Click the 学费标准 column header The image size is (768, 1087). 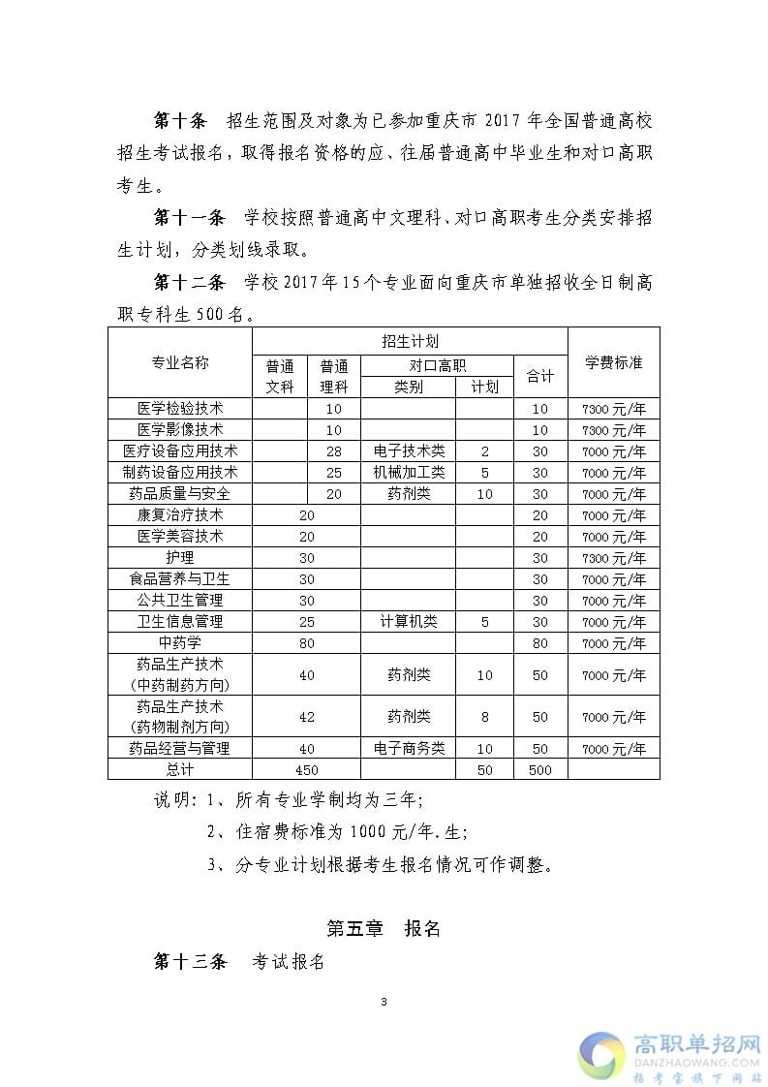613,362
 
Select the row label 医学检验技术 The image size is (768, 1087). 180,409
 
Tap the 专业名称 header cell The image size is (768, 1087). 180,362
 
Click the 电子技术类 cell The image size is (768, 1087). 408,451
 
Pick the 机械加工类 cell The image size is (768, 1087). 408,473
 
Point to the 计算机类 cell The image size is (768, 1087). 408,622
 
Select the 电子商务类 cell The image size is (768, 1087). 408,749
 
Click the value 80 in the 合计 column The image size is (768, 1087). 539,643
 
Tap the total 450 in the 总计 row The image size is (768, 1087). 306,770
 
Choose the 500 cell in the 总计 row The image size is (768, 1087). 539,770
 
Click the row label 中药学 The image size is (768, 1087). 180,643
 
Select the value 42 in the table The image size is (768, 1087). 306,717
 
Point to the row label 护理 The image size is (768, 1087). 180,558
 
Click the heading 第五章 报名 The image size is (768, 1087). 384,928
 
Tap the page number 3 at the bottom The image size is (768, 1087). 384,1002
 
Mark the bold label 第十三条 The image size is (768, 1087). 190,962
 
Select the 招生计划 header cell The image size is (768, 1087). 410,341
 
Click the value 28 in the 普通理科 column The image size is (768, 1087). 334,451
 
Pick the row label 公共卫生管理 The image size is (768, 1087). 180,601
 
